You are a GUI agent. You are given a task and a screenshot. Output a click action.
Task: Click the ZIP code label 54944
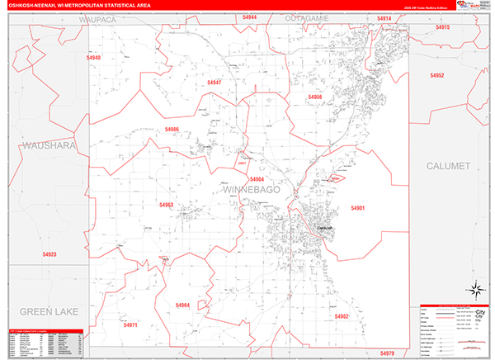(250, 17)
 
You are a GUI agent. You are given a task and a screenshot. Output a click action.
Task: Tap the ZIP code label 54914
(384, 17)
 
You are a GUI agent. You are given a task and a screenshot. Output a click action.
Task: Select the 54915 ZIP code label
(442, 27)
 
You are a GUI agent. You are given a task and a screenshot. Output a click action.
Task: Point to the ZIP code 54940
(93, 58)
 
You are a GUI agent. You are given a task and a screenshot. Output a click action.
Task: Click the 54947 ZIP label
(214, 83)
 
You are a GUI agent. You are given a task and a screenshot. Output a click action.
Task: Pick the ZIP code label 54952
(437, 75)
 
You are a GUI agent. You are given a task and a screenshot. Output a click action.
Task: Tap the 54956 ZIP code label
(315, 97)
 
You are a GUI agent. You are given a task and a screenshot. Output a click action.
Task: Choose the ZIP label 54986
(172, 130)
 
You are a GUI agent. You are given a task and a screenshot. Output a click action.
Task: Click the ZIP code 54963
(166, 205)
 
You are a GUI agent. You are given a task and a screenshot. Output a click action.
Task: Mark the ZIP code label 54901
(358, 208)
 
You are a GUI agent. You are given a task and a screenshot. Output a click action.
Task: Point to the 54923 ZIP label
(49, 254)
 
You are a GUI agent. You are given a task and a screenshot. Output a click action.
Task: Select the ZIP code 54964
(182, 305)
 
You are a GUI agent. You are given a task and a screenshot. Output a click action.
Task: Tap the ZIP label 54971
(130, 326)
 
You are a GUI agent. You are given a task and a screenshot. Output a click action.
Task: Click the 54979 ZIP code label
(388, 353)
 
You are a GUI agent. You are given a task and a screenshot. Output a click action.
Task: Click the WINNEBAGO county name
(252, 191)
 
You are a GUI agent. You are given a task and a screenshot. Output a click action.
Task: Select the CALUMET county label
(448, 166)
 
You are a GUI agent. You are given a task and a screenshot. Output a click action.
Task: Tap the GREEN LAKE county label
(47, 311)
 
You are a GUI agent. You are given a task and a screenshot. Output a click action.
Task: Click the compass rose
(475, 289)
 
